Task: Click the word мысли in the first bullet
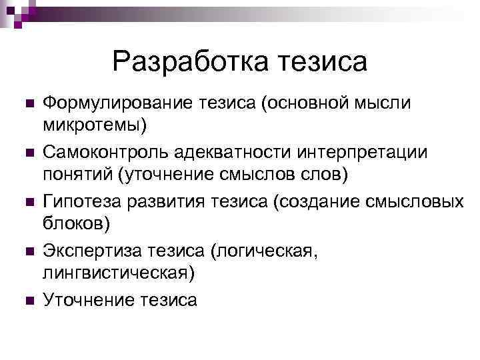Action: pos(385,103)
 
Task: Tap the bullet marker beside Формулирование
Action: pos(27,104)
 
